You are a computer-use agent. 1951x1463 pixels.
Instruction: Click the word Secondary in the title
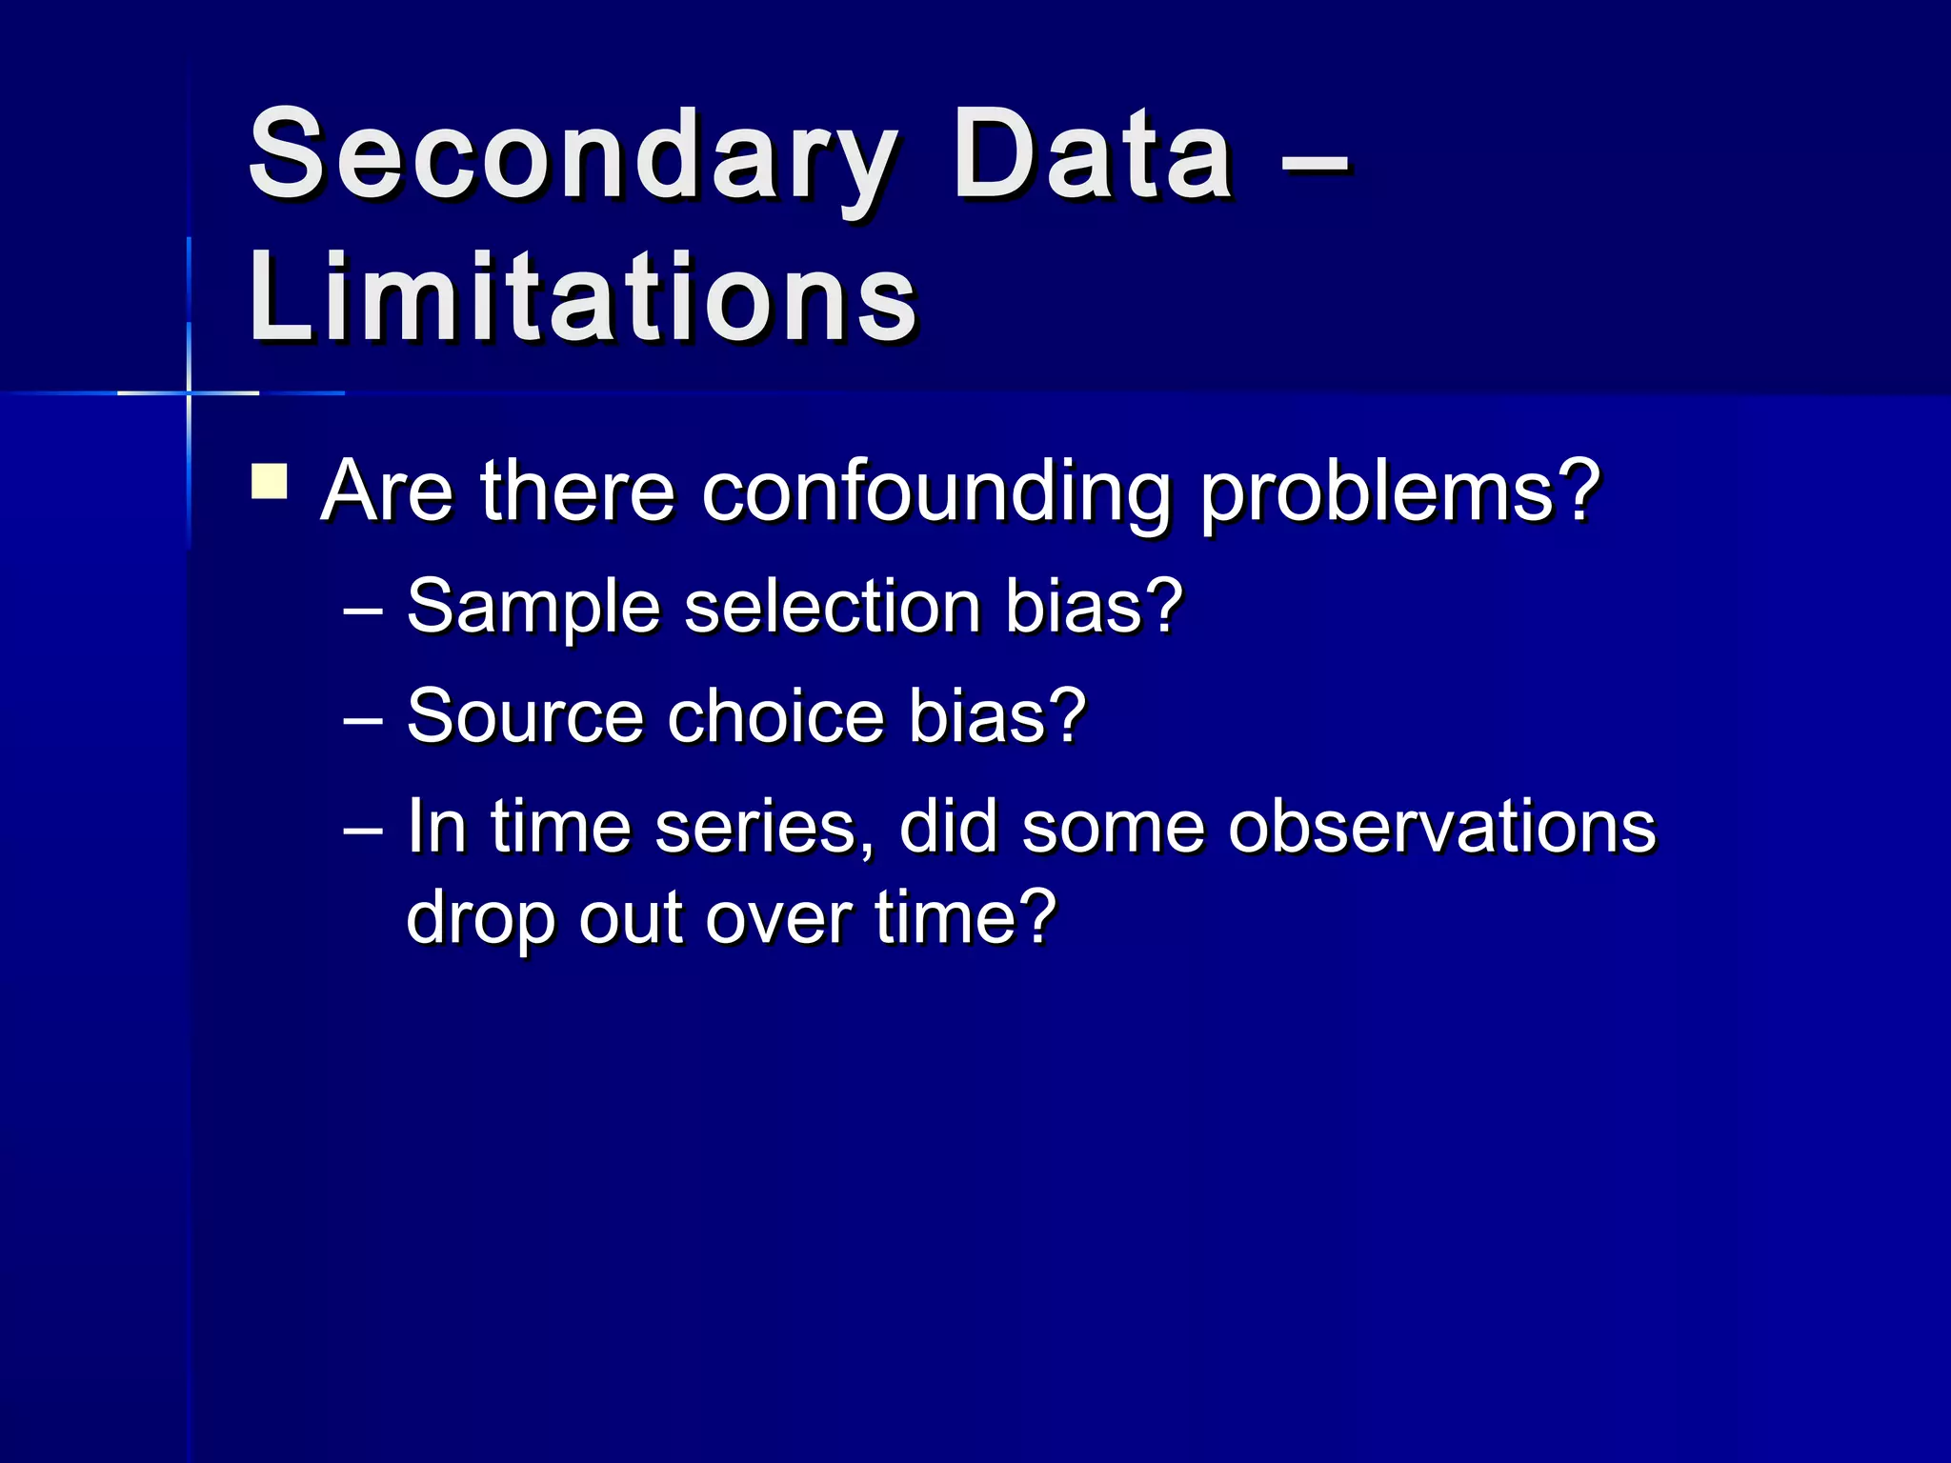click(572, 157)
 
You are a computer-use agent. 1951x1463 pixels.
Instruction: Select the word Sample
click(533, 608)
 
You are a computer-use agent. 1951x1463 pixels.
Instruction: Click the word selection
click(833, 606)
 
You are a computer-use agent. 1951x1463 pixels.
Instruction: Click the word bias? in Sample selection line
click(1095, 606)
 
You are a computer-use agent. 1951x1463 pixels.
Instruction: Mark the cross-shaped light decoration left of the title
click(189, 392)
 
